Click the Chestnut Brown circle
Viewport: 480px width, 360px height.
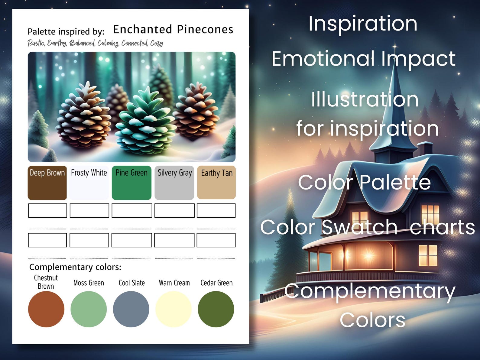click(46, 309)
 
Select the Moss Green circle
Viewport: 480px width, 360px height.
click(89, 309)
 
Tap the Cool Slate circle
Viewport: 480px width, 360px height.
click(131, 309)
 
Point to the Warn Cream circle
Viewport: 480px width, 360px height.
click(174, 309)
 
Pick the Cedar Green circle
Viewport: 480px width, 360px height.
click(216, 309)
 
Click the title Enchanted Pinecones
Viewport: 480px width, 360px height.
click(173, 30)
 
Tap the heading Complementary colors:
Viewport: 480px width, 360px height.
click(75, 267)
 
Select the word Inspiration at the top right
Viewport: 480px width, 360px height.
click(363, 24)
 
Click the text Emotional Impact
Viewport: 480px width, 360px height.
click(363, 59)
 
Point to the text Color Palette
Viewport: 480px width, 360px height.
click(364, 182)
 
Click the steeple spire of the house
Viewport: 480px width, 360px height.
click(395, 91)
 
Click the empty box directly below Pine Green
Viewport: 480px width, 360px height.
click(132, 210)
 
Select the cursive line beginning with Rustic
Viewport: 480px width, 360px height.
click(95, 43)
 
